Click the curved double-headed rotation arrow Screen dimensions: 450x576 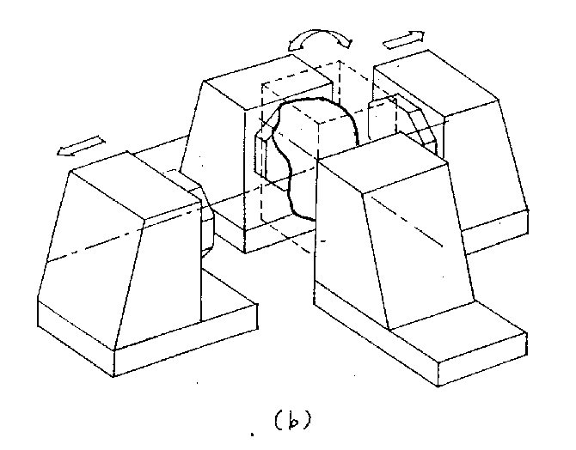pyautogui.click(x=319, y=39)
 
